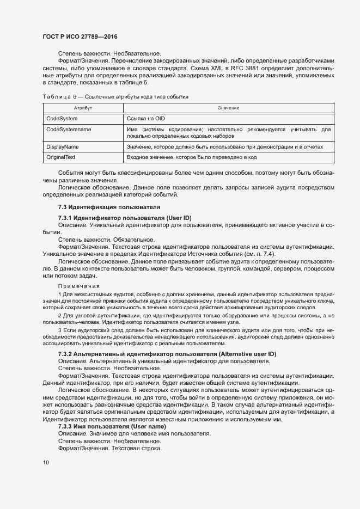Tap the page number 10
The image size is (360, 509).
point(45,462)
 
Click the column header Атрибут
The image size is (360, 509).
point(82,108)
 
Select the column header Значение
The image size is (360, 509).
point(228,108)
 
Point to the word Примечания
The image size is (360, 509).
point(78,286)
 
